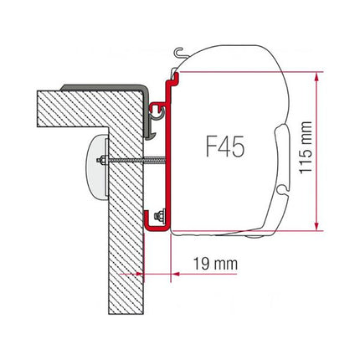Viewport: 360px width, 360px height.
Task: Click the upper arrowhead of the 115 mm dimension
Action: [316, 78]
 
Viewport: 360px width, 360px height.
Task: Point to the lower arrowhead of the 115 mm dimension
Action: [316, 223]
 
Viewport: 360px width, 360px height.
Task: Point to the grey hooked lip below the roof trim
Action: [148, 117]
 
